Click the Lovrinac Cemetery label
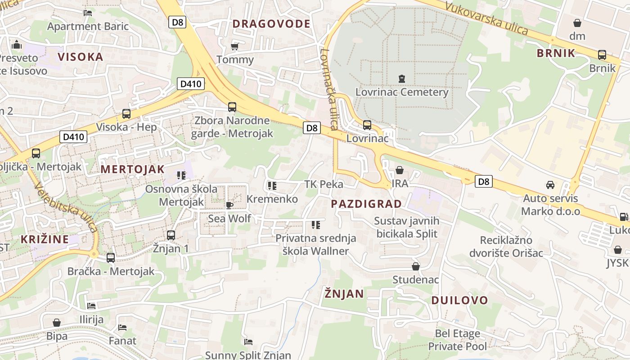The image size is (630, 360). tap(402, 92)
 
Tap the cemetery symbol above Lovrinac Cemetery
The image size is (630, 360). tap(402, 79)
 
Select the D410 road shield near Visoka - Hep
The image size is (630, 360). tap(73, 137)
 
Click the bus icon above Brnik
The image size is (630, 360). tap(602, 55)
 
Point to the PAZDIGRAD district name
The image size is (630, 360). tap(366, 204)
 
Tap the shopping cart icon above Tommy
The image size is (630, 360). tap(234, 46)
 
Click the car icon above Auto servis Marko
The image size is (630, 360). tap(550, 185)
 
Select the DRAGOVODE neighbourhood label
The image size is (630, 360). tap(271, 24)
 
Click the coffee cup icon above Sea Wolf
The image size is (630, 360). tap(229, 206)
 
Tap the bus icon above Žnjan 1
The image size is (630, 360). tap(171, 235)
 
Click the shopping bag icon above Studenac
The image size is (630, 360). tap(416, 266)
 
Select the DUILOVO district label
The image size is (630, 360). tap(459, 300)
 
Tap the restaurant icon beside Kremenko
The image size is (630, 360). tap(272, 185)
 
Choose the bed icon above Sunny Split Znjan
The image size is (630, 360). tap(248, 342)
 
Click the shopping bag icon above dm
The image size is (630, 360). tap(577, 23)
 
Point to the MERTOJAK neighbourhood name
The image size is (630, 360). tap(133, 169)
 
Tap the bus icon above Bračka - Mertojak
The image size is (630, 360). tap(111, 258)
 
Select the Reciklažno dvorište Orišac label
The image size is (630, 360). tap(506, 246)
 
